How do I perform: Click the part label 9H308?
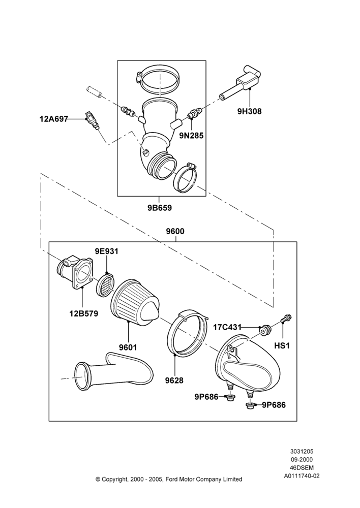[249, 111]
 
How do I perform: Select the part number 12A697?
[53, 119]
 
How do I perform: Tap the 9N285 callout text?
[191, 136]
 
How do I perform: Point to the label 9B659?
[160, 207]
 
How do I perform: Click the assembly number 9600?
[175, 231]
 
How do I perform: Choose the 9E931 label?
[106, 251]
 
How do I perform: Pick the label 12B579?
[83, 313]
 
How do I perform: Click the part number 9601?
[128, 347]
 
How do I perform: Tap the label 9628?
[174, 380]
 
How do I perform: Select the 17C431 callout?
[227, 327]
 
